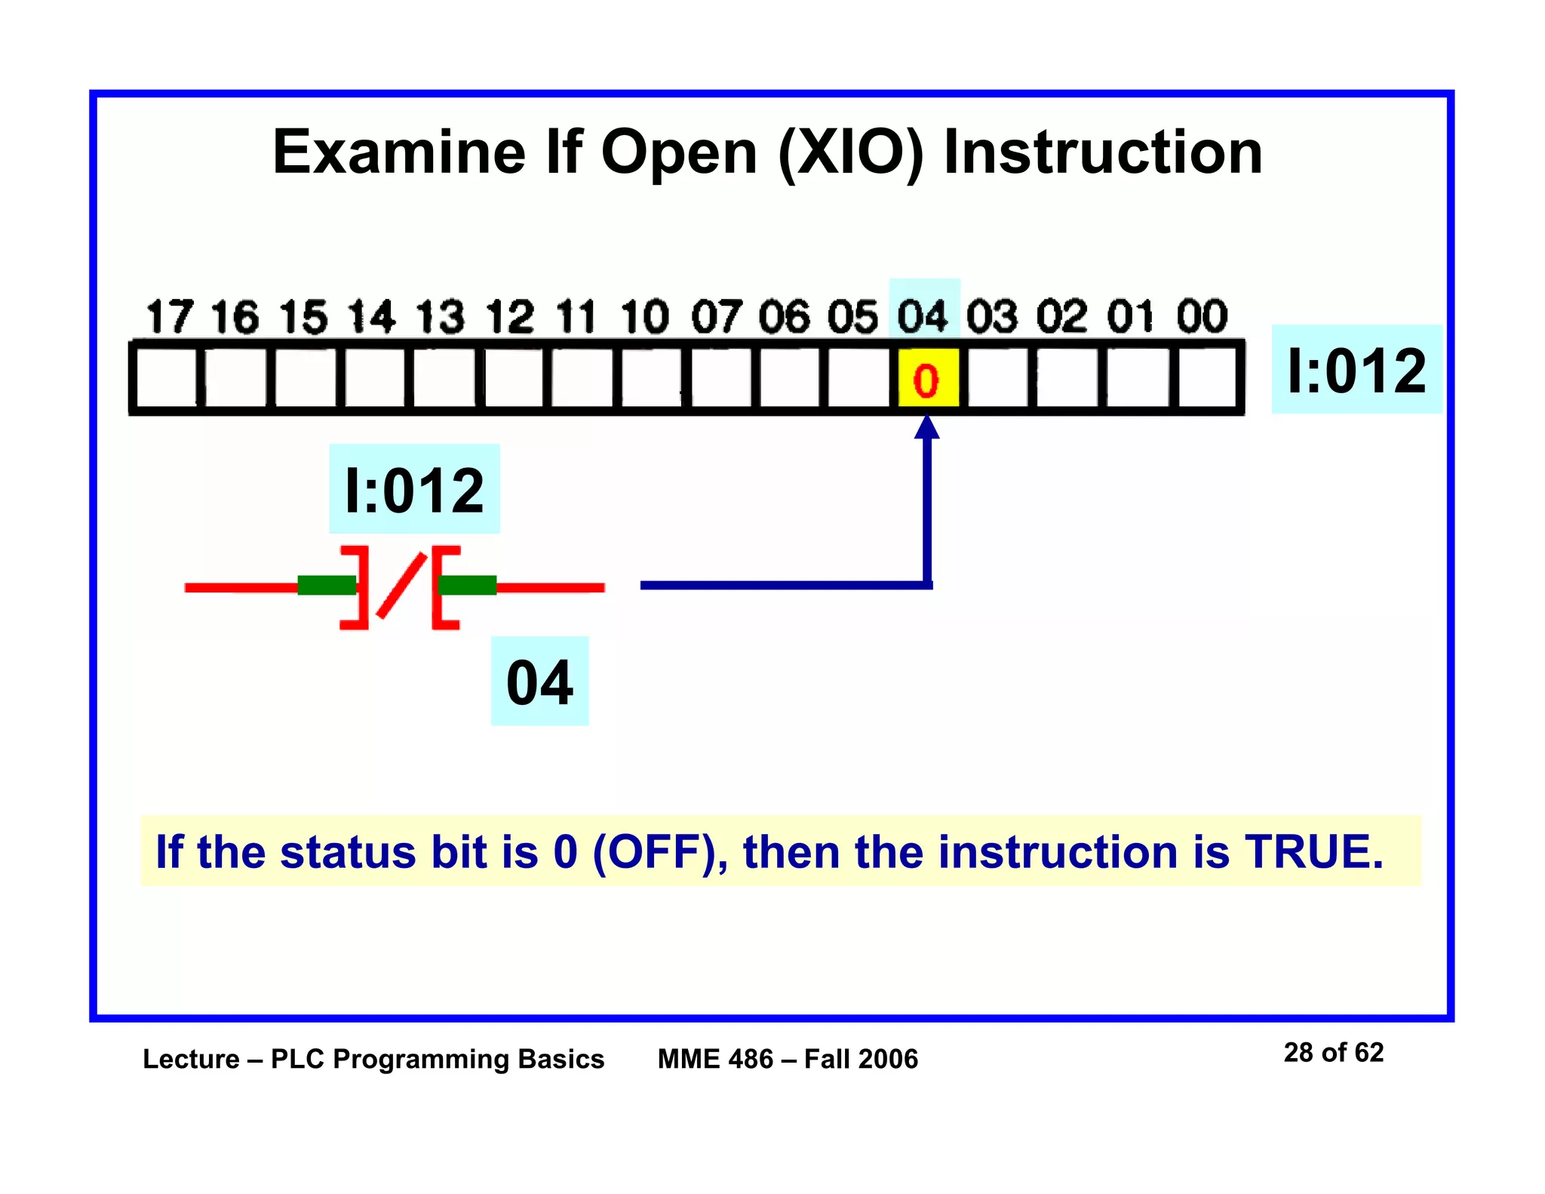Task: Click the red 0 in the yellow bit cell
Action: click(x=926, y=380)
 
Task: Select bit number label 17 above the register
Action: click(x=169, y=316)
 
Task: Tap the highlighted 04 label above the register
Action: click(x=923, y=316)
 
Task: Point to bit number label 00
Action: click(x=1202, y=316)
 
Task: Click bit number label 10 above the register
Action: click(x=645, y=316)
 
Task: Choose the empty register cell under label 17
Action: click(x=166, y=377)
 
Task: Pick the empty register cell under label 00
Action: click(x=1206, y=377)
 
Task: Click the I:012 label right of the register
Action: click(x=1356, y=370)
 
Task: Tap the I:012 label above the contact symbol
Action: click(x=414, y=491)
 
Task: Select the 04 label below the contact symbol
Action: click(x=539, y=682)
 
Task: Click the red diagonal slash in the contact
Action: click(x=401, y=586)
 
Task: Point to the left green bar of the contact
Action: click(x=326, y=585)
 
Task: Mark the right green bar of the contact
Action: click(x=468, y=585)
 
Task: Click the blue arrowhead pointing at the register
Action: click(x=926, y=427)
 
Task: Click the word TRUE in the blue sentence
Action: click(x=1313, y=851)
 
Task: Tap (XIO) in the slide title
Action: click(x=850, y=152)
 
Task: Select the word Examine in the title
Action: click(x=398, y=152)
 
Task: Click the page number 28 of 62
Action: click(x=1333, y=1052)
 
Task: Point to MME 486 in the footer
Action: click(x=715, y=1059)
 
